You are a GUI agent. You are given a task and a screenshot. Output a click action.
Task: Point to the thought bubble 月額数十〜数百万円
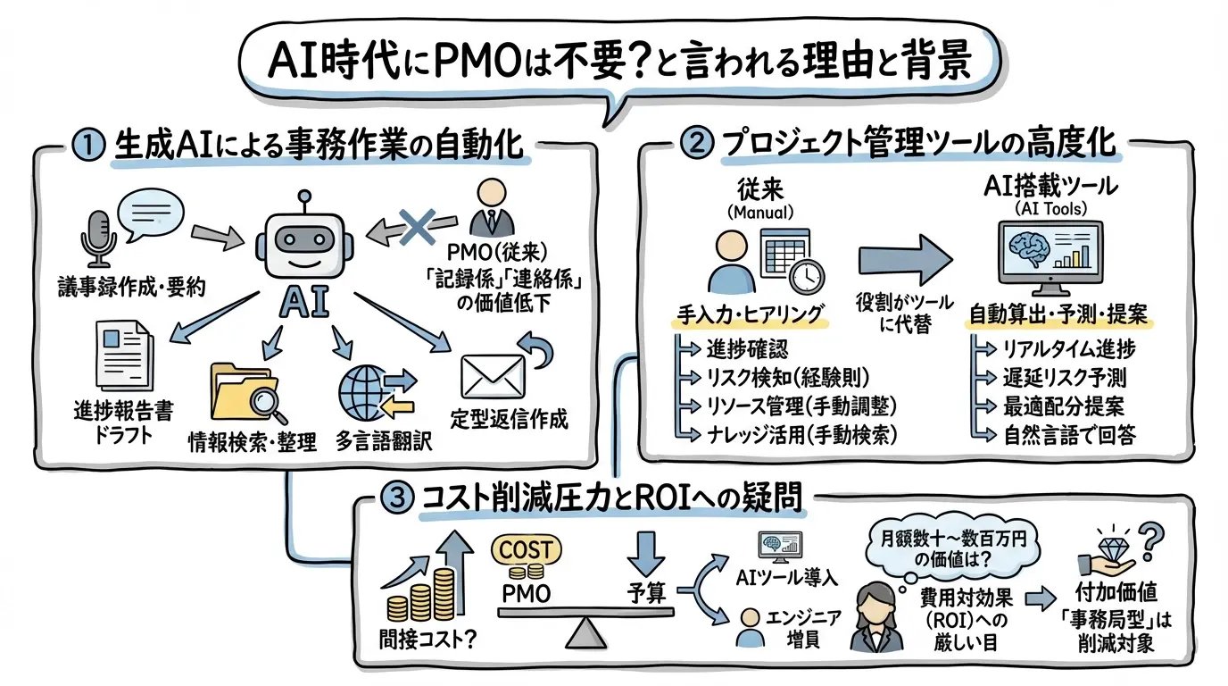tap(940, 548)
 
